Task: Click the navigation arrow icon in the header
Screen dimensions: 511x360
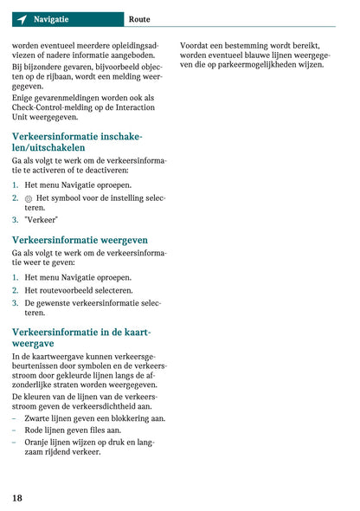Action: (x=21, y=19)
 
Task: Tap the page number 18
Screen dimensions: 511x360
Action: (x=17, y=498)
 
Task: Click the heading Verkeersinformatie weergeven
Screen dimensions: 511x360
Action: (x=80, y=240)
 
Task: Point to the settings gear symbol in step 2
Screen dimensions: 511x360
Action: (x=29, y=198)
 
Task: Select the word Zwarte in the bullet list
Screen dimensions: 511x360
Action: (x=40, y=418)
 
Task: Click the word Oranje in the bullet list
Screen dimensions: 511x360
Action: (x=40, y=441)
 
